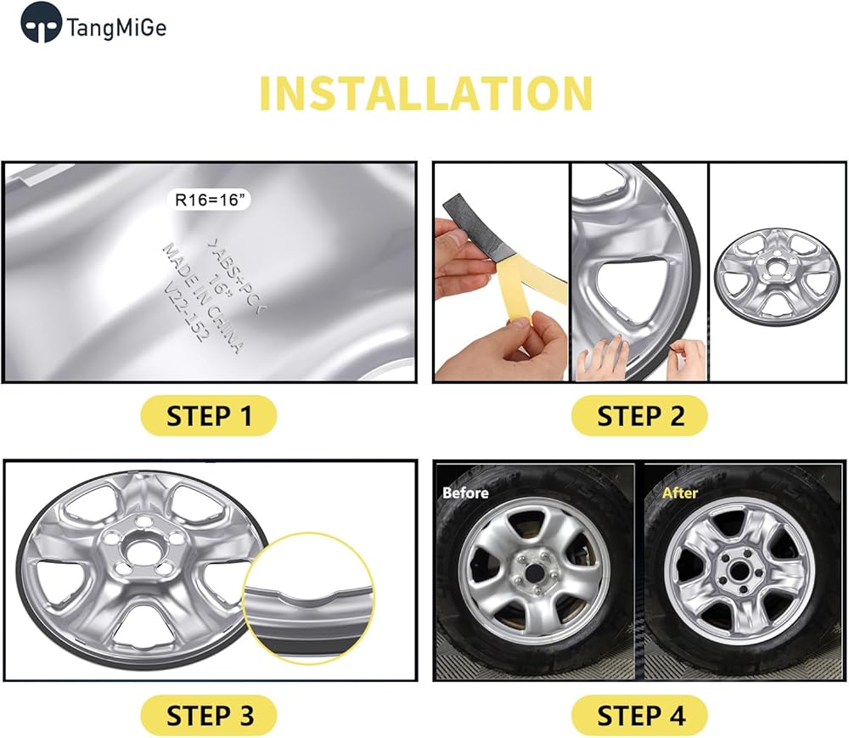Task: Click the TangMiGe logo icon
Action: tap(40, 23)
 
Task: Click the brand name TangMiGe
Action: tap(116, 28)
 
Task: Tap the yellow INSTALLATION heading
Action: tap(426, 93)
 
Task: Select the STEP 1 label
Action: tap(209, 416)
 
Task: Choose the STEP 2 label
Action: tap(640, 416)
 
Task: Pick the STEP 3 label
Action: tap(209, 715)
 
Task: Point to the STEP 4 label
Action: tap(640, 715)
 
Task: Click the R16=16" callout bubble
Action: tap(209, 200)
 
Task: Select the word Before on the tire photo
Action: tap(465, 493)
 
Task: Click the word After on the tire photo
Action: tap(679, 493)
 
